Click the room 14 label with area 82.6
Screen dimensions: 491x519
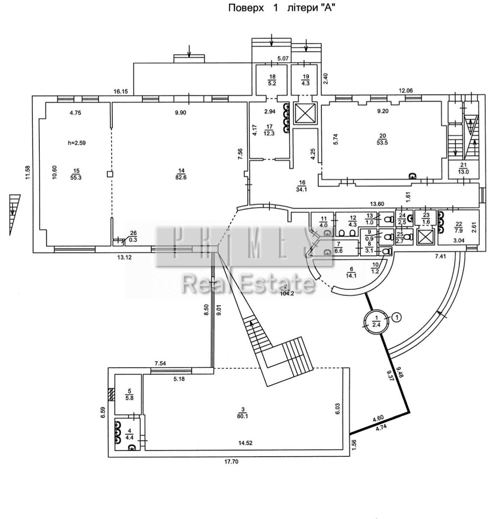click(181, 174)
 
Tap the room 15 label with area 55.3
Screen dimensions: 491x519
click(76, 174)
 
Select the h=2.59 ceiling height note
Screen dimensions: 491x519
click(77, 143)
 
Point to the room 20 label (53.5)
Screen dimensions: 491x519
click(382, 139)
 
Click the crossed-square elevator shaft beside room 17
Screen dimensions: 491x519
click(305, 113)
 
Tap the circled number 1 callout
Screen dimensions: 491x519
click(396, 317)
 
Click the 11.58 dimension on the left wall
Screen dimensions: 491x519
click(27, 173)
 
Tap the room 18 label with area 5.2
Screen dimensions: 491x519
click(272, 80)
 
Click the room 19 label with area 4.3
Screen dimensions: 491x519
click(305, 80)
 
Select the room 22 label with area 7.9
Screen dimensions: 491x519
click(459, 227)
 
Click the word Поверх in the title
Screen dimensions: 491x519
click(246, 8)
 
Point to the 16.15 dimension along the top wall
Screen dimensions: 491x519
click(121, 92)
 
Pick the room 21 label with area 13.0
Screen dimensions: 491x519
click(464, 168)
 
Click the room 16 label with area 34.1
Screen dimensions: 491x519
click(302, 186)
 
